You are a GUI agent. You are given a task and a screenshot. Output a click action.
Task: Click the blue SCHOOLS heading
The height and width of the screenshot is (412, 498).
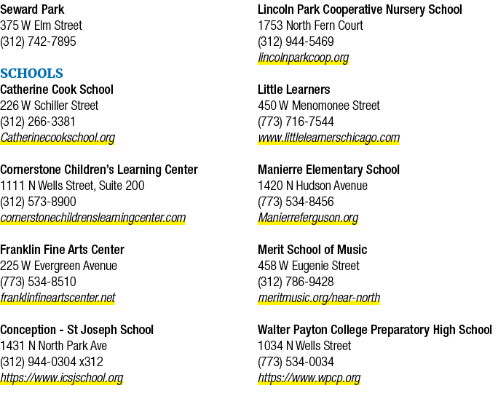pyautogui.click(x=32, y=74)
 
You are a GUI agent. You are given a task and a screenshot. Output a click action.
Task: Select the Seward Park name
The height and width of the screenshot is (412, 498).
pyautogui.click(x=32, y=9)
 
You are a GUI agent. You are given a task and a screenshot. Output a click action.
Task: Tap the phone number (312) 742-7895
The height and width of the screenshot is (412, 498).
pyautogui.click(x=38, y=41)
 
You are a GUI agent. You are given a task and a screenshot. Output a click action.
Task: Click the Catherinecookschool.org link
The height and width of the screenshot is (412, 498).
pyautogui.click(x=58, y=138)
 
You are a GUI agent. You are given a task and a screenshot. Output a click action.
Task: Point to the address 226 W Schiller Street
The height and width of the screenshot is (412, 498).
pyautogui.click(x=50, y=106)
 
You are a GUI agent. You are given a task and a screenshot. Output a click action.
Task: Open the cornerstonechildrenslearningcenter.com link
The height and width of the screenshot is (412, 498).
pyautogui.click(x=92, y=218)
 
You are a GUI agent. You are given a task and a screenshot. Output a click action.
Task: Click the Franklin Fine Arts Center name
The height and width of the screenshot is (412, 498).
pyautogui.click(x=63, y=250)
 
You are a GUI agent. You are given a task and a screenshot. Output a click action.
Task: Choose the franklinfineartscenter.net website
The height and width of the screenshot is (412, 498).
pyautogui.click(x=58, y=298)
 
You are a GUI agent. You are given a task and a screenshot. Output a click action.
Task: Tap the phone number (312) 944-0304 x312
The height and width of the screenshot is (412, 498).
pyautogui.click(x=52, y=362)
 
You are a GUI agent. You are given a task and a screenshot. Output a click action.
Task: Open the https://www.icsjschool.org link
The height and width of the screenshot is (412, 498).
pyautogui.click(x=62, y=378)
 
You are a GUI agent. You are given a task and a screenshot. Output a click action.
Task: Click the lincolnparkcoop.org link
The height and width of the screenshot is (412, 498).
pyautogui.click(x=304, y=58)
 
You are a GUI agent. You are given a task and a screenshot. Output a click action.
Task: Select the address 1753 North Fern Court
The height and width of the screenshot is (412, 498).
pyautogui.click(x=310, y=25)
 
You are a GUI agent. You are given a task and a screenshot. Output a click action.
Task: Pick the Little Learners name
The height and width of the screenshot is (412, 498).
pyautogui.click(x=294, y=90)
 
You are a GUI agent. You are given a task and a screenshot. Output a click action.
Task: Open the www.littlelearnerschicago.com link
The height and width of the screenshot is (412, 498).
pyautogui.click(x=328, y=138)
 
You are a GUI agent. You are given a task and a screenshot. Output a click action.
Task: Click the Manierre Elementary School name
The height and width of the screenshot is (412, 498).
pyautogui.click(x=328, y=170)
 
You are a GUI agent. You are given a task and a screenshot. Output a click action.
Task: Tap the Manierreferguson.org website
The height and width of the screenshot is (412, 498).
pyautogui.click(x=308, y=218)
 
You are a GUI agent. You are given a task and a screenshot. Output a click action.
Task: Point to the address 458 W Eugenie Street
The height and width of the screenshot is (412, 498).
pyautogui.click(x=309, y=266)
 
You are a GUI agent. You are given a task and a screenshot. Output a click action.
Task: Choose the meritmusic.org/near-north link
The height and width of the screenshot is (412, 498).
pyautogui.click(x=319, y=298)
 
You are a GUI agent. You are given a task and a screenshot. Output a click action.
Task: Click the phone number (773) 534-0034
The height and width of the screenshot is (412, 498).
pyautogui.click(x=296, y=362)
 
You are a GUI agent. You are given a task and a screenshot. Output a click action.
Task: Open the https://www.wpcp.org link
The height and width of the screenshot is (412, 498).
pyautogui.click(x=309, y=378)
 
